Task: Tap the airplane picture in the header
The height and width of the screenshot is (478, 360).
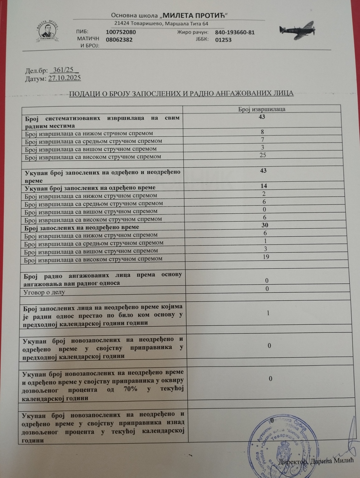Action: (297, 30)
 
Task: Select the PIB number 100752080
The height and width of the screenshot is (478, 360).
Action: (121, 32)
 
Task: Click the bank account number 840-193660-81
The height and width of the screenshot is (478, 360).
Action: (234, 33)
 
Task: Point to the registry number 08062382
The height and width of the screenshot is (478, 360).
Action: (119, 40)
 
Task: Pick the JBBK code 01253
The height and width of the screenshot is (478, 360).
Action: (224, 40)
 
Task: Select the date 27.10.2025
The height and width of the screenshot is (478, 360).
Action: (64, 78)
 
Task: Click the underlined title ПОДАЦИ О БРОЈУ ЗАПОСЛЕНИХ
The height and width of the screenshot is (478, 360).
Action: (181, 93)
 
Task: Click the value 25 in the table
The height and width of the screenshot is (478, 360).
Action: (262, 155)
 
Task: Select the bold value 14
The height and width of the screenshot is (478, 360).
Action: (264, 186)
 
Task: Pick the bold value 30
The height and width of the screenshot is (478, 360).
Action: (265, 225)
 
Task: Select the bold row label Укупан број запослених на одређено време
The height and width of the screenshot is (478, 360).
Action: (90, 188)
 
